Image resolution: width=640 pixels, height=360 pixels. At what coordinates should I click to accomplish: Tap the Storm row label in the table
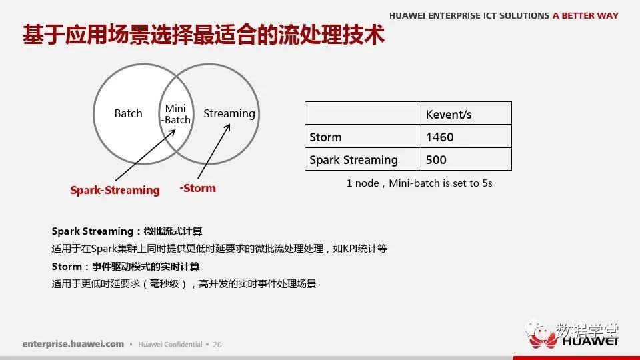pyautogui.click(x=325, y=137)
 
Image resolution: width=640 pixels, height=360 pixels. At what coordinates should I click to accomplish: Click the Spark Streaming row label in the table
pyautogui.click(x=353, y=160)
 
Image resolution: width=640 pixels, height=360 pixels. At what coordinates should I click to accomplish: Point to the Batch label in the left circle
pyautogui.click(x=128, y=113)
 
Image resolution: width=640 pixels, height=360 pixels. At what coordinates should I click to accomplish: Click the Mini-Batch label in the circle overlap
pyautogui.click(x=175, y=114)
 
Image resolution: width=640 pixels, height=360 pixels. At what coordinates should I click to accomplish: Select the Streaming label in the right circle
pyautogui.click(x=229, y=113)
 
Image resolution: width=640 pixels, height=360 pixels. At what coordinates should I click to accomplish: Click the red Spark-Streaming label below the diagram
pyautogui.click(x=115, y=190)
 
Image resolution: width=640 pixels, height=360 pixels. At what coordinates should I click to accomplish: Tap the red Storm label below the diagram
pyautogui.click(x=198, y=188)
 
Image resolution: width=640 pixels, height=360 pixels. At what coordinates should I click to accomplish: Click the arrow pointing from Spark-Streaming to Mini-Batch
pyautogui.click(x=145, y=155)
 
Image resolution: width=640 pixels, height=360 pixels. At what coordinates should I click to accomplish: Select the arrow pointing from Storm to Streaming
pyautogui.click(x=214, y=151)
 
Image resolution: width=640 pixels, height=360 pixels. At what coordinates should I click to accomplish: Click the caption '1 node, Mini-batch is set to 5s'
pyautogui.click(x=419, y=183)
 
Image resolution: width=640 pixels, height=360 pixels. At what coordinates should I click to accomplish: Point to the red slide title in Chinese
pyautogui.click(x=203, y=34)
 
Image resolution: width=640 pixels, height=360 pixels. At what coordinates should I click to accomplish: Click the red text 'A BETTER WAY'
pyautogui.click(x=585, y=15)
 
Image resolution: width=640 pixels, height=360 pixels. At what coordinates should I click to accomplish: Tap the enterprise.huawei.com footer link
pyautogui.click(x=73, y=344)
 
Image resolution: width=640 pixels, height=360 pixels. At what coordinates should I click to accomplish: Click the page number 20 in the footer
pyautogui.click(x=217, y=345)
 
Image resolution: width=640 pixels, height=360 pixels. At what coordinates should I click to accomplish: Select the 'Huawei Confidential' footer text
pyautogui.click(x=170, y=345)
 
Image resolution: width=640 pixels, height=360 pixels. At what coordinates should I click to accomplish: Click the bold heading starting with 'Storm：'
pyautogui.click(x=126, y=267)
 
